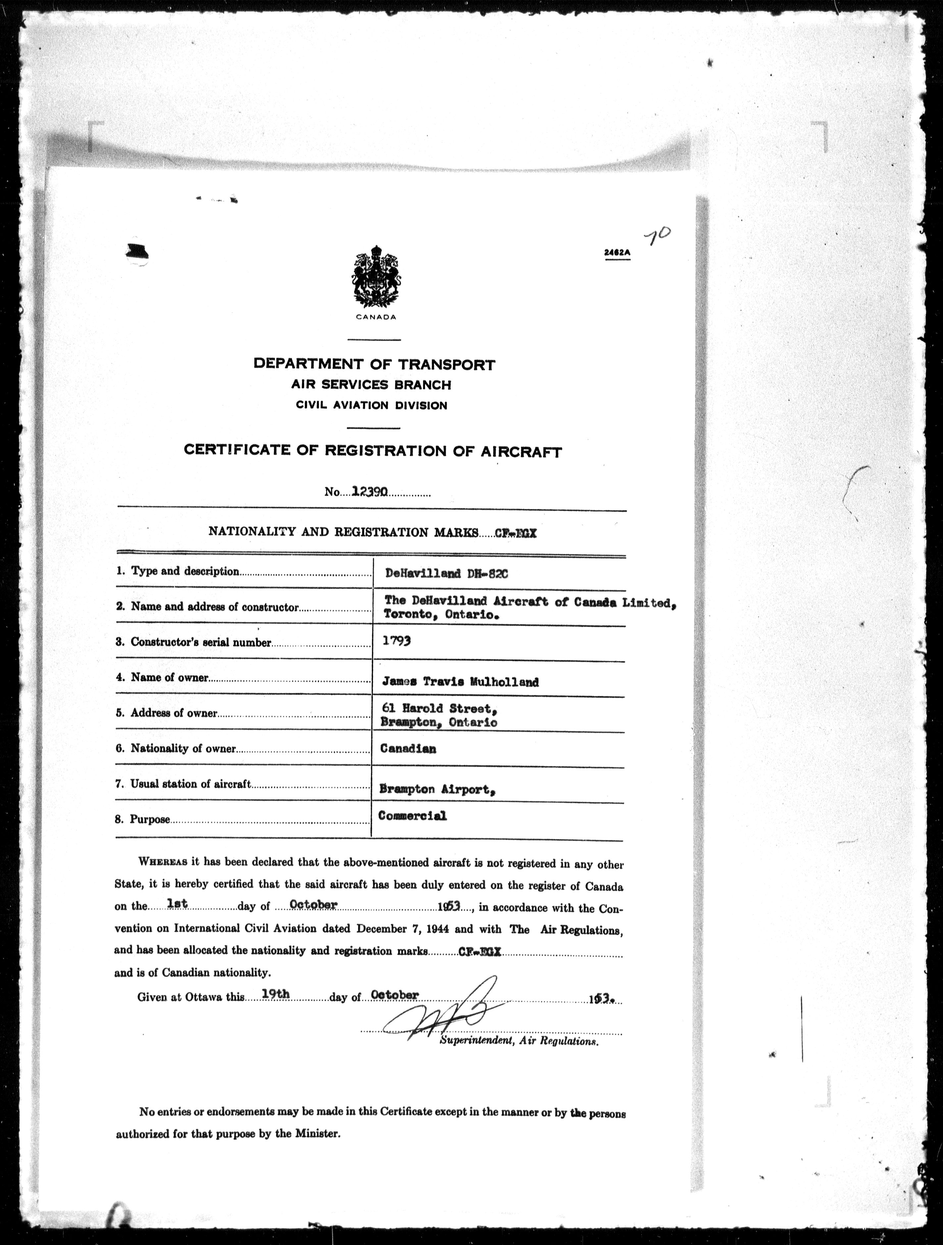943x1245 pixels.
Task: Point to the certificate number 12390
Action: tap(369, 491)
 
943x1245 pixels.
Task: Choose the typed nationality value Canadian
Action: tap(408, 749)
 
